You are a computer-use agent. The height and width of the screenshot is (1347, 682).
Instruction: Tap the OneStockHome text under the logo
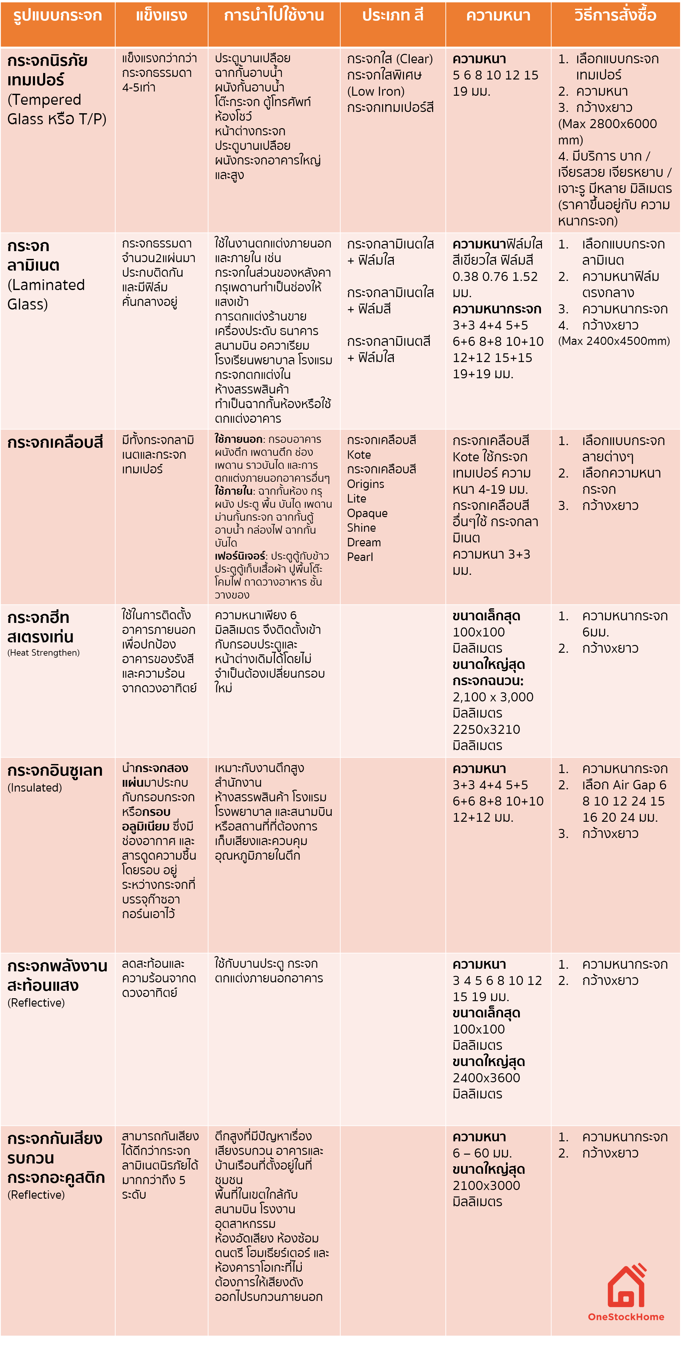click(x=626, y=1317)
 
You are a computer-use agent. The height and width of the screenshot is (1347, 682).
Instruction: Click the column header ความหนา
click(x=498, y=16)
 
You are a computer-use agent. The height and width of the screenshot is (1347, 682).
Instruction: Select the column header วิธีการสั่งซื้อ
click(x=615, y=16)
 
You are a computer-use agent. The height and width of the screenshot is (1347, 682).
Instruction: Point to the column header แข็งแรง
click(x=161, y=16)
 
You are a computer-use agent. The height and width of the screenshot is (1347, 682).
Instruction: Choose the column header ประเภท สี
click(x=393, y=16)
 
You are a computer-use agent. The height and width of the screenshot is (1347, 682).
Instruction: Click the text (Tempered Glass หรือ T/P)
click(x=56, y=109)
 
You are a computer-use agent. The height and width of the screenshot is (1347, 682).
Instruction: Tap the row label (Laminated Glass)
click(x=46, y=294)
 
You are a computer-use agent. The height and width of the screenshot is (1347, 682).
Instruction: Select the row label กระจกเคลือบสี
click(x=55, y=443)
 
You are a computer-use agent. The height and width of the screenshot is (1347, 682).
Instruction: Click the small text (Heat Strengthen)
click(x=43, y=653)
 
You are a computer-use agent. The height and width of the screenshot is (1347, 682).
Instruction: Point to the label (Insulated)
click(x=34, y=787)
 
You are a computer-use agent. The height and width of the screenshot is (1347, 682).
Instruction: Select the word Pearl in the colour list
click(x=360, y=557)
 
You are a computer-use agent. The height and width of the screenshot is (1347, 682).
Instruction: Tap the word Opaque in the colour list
click(x=367, y=514)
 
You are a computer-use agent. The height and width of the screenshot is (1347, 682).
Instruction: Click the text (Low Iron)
click(x=376, y=91)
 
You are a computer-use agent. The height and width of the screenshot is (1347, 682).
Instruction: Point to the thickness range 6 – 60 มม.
click(x=482, y=1153)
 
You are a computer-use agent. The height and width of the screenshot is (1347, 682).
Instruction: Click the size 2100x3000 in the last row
click(x=486, y=1185)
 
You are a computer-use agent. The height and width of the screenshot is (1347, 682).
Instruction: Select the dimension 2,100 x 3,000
click(x=493, y=697)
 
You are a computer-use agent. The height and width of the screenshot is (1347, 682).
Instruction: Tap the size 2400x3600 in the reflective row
click(x=486, y=1078)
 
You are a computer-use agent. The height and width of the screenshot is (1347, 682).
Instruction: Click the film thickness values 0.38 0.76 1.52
click(x=495, y=277)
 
